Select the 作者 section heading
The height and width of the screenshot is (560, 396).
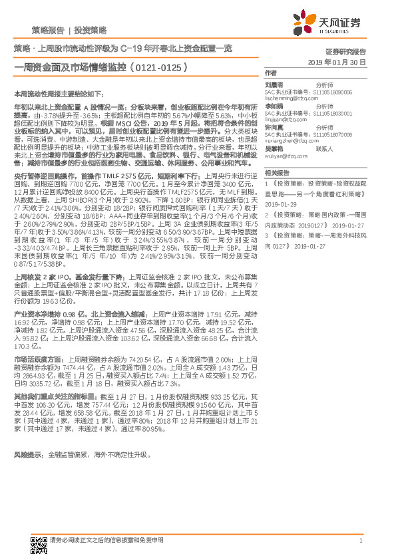click(270, 72)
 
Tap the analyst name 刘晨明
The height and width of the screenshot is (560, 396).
click(274, 85)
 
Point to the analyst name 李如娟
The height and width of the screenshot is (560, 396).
click(274, 106)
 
